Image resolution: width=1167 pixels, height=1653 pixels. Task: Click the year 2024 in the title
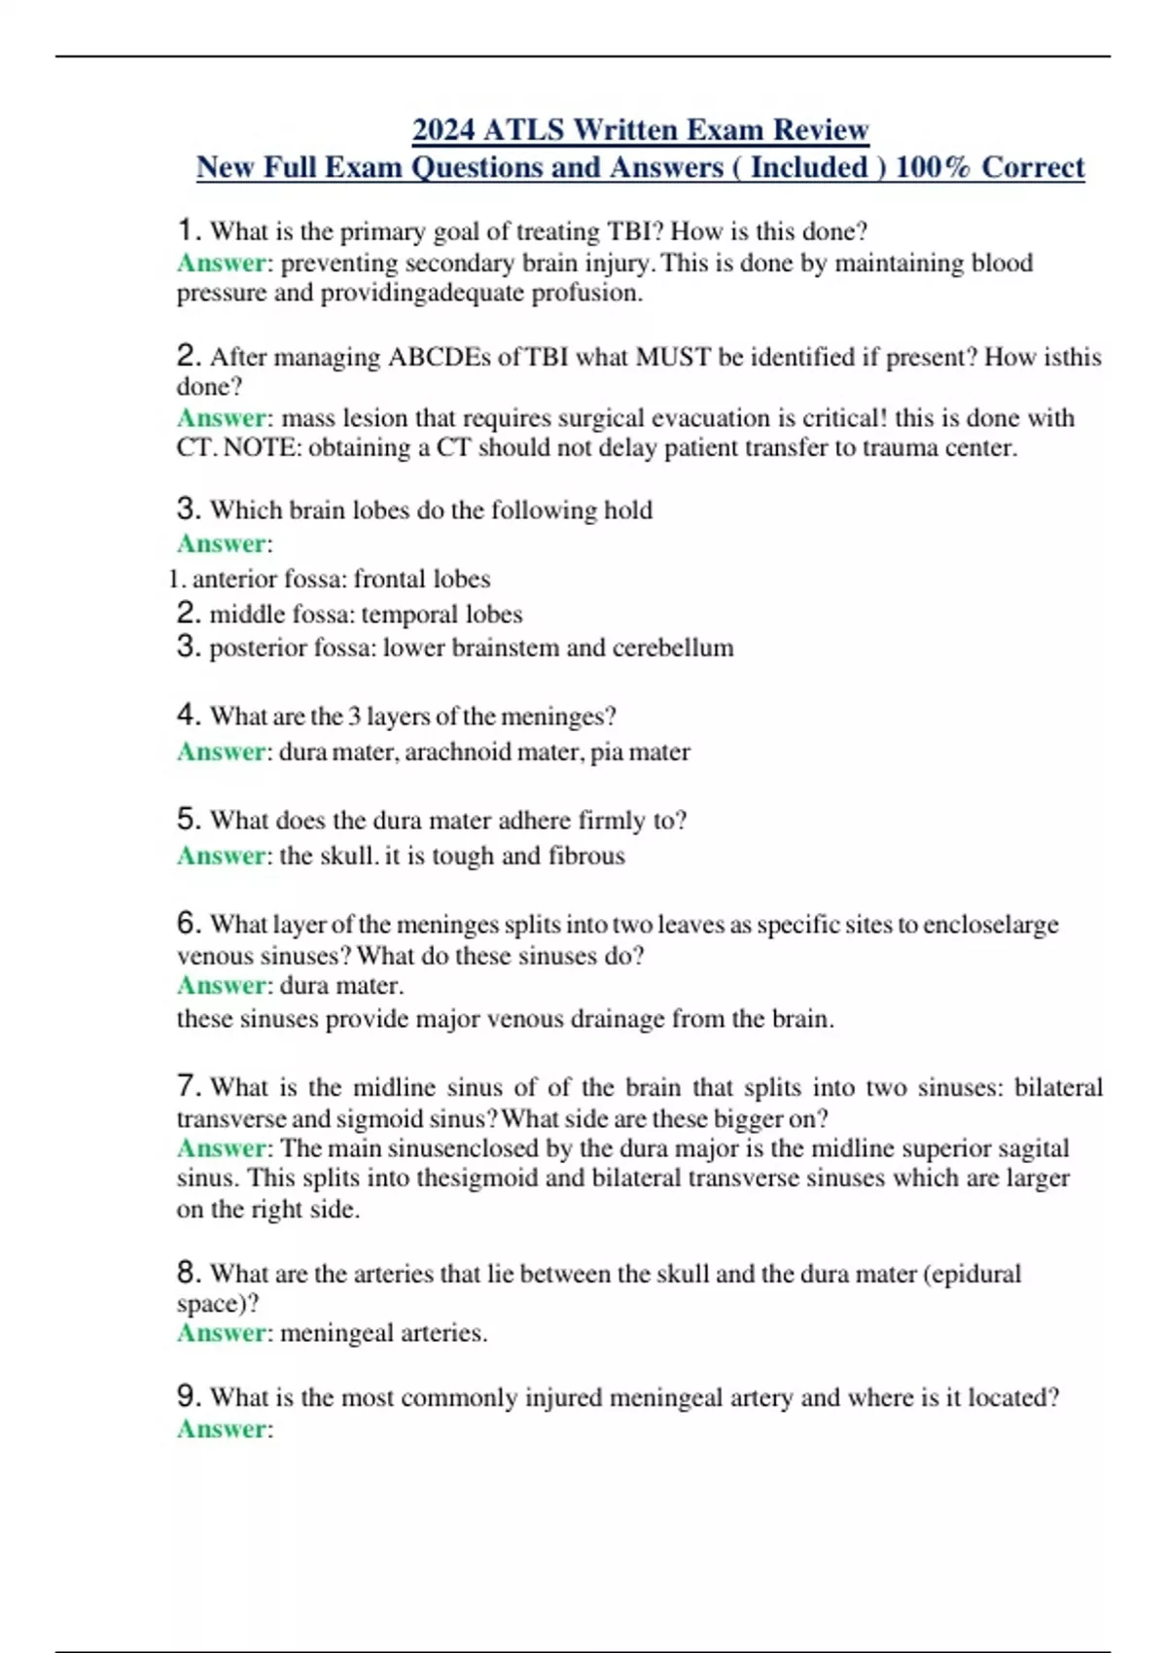[443, 129]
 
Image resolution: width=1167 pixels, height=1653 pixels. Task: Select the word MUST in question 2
[673, 357]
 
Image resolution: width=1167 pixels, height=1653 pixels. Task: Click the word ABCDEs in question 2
[440, 357]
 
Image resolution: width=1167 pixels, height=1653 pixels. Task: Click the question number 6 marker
[189, 923]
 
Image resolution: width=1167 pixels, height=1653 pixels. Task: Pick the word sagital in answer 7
[1035, 1148]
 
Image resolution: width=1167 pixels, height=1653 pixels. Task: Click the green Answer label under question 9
[222, 1429]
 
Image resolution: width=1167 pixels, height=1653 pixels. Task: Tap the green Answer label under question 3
[222, 544]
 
